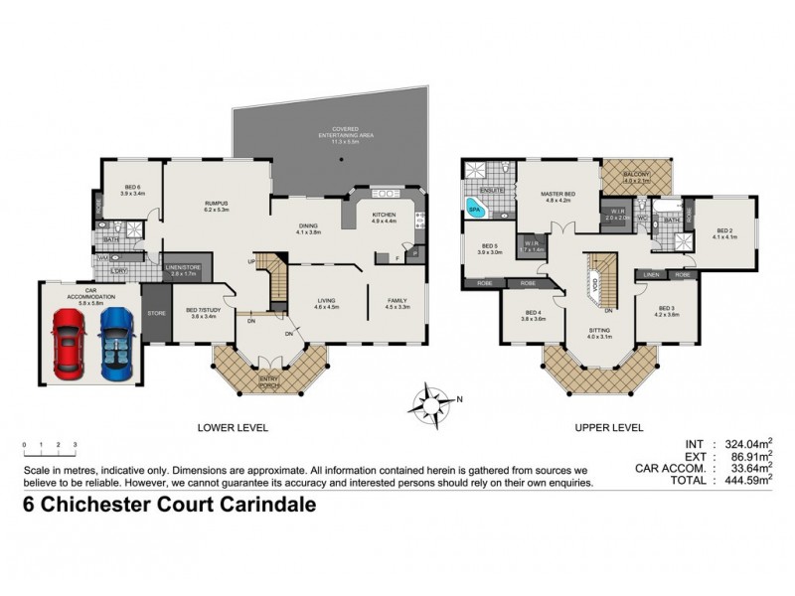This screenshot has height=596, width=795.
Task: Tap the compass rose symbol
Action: point(432,403)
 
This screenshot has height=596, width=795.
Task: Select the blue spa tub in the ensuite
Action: point(476,209)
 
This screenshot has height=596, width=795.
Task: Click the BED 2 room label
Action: point(723,233)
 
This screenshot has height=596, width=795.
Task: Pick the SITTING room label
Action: point(598,333)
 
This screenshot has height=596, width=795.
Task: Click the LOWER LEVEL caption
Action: point(235,427)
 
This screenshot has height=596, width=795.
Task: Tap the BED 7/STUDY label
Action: point(202,312)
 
